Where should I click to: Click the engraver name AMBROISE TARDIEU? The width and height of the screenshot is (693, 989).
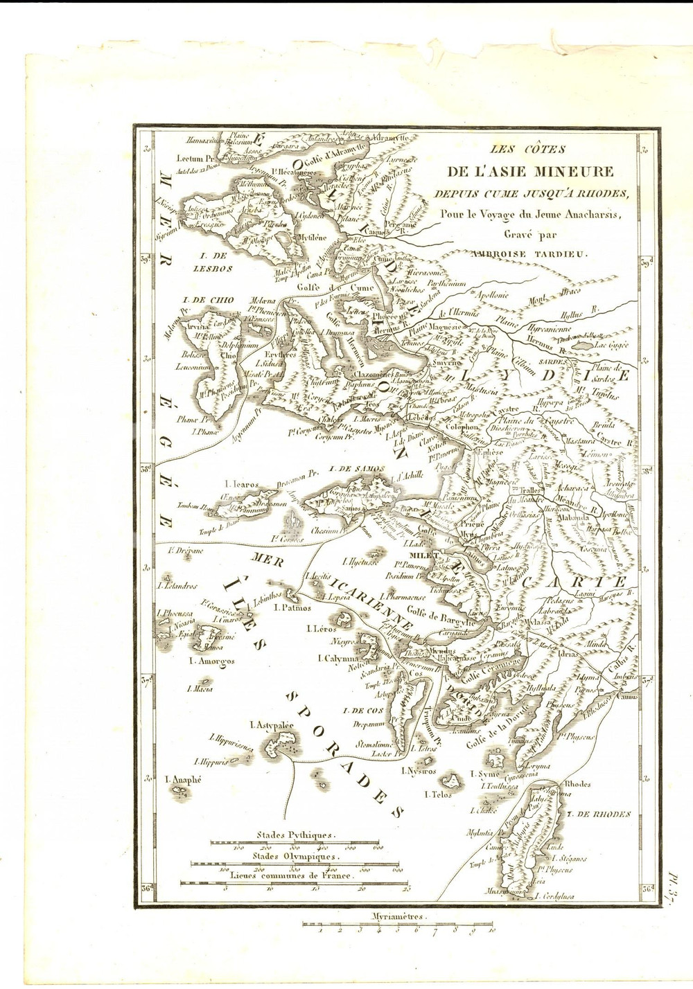(x=538, y=253)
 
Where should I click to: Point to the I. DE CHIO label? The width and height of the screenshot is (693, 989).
(x=206, y=300)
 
